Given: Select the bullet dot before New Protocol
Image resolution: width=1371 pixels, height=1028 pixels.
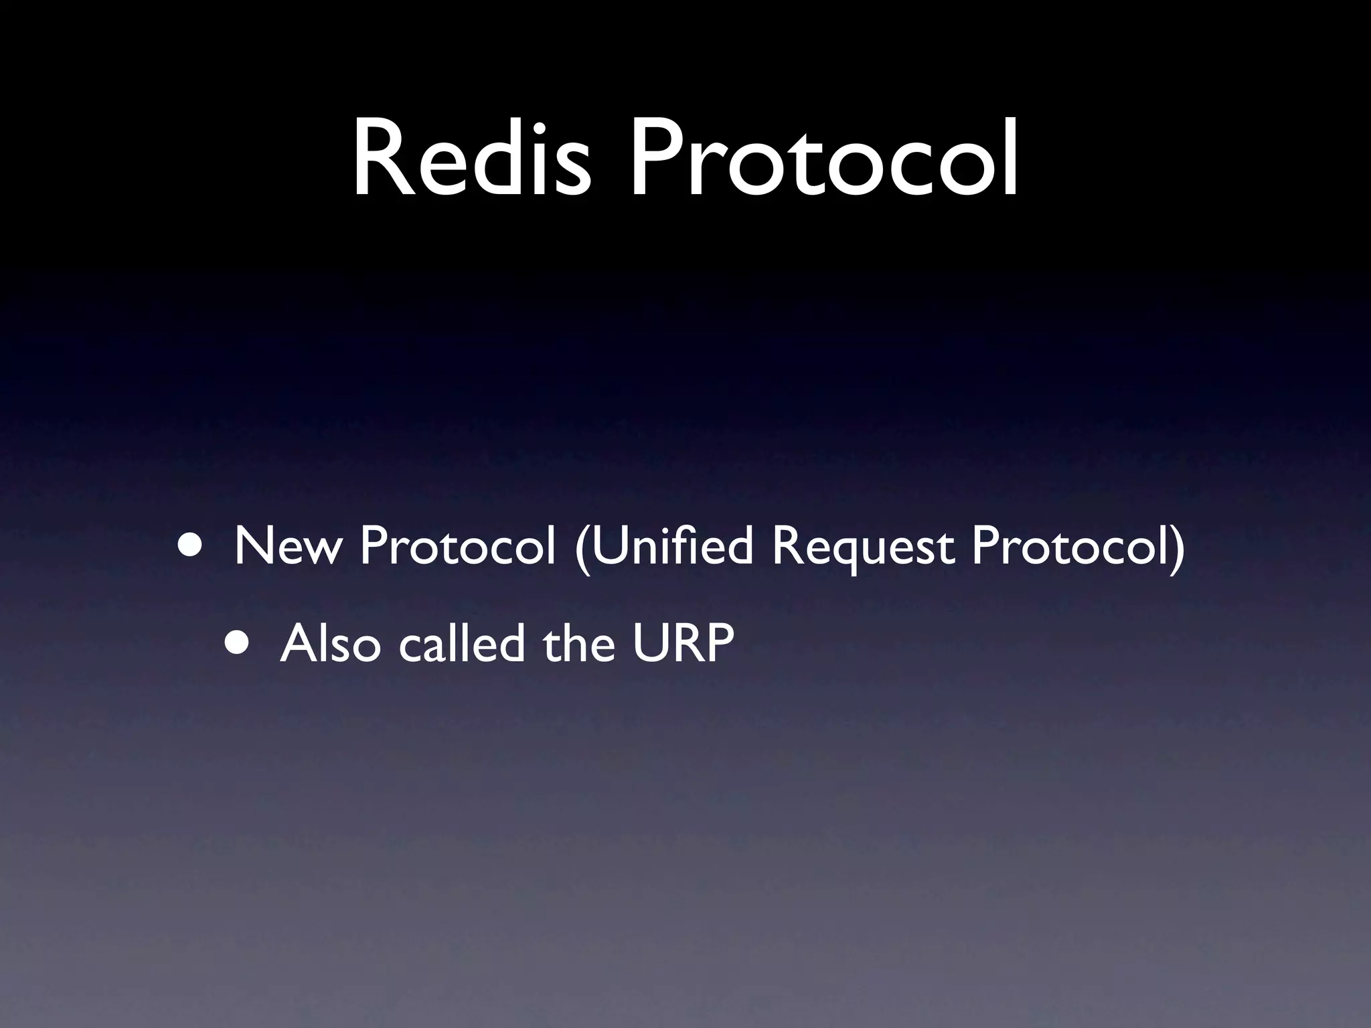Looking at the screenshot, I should [x=192, y=545].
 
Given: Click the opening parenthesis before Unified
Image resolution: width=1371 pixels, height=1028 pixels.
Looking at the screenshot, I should [x=581, y=549].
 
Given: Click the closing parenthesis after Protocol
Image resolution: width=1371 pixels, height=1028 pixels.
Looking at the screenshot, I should [x=1177, y=549].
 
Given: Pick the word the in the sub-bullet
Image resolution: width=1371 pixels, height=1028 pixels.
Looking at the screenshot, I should [x=579, y=643].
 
